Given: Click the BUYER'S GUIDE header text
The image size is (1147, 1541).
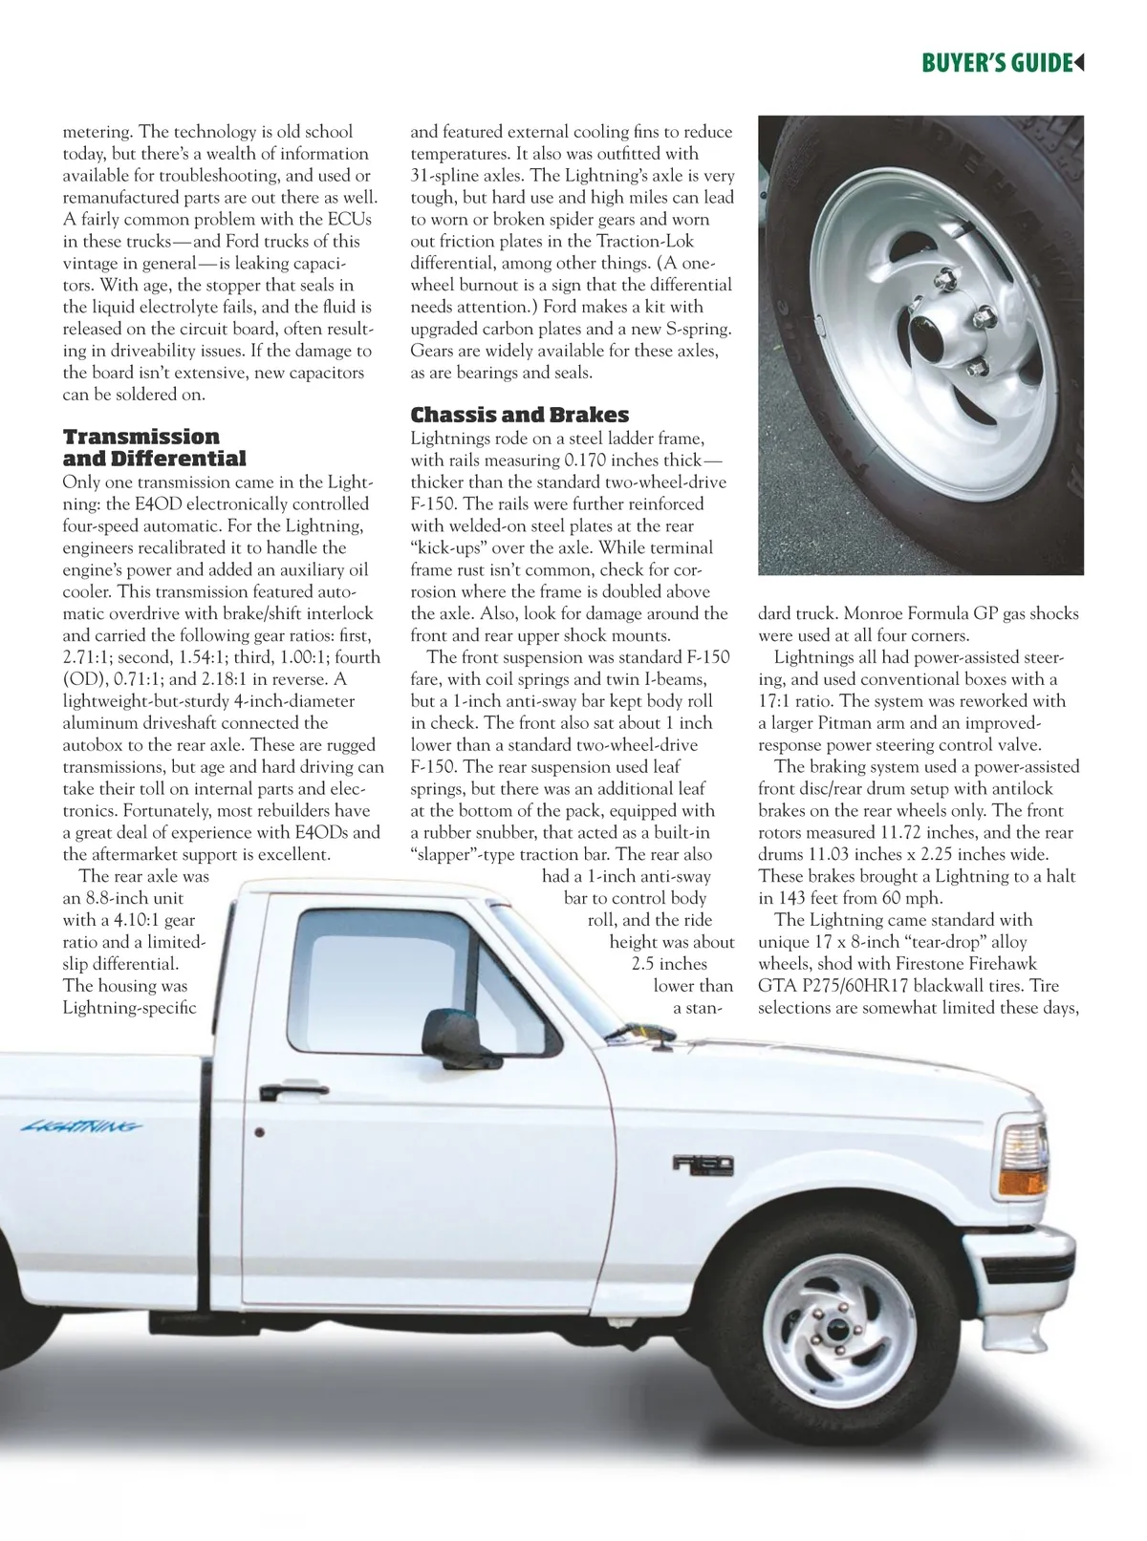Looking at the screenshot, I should [995, 63].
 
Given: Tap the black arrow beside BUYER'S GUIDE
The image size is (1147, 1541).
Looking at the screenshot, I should [1079, 63].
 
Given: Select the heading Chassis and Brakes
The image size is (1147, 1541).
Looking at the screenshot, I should [519, 415].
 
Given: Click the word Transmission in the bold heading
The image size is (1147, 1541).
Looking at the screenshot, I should [141, 437].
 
